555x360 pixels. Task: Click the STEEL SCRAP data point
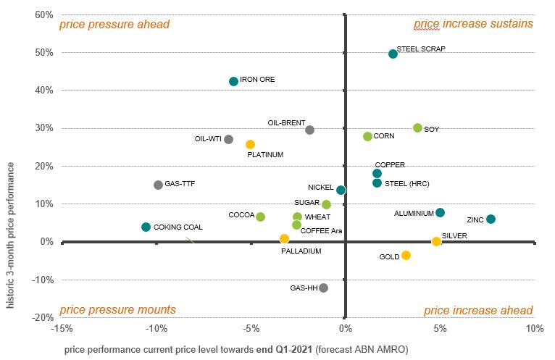click(x=393, y=54)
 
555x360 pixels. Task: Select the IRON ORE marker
click(x=233, y=82)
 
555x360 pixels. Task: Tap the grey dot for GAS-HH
click(x=323, y=288)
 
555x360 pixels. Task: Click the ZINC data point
click(x=491, y=219)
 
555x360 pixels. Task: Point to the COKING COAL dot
click(x=146, y=227)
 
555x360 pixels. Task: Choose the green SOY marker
click(x=417, y=127)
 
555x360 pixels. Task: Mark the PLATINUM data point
click(x=250, y=144)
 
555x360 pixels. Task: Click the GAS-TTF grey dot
click(x=158, y=185)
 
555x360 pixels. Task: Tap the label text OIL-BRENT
click(x=286, y=122)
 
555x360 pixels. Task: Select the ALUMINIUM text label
click(x=414, y=214)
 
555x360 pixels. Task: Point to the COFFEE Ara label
click(x=321, y=231)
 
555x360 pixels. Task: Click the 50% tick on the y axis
click(x=44, y=53)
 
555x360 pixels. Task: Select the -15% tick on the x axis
click(x=62, y=328)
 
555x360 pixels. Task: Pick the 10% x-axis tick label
click(x=534, y=328)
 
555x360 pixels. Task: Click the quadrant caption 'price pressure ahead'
click(x=114, y=25)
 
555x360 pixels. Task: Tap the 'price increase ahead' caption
click(x=478, y=310)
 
